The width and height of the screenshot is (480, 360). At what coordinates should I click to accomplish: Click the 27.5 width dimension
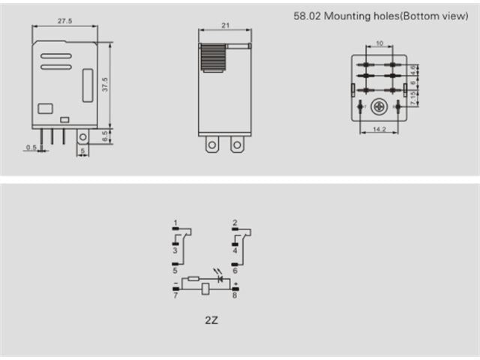(64, 22)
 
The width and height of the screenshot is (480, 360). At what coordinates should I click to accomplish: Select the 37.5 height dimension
(106, 85)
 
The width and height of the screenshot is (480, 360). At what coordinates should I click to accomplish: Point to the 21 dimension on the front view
(224, 25)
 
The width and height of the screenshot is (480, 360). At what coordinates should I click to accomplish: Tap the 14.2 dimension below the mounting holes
(379, 129)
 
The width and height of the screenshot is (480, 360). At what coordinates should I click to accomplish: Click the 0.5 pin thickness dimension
(31, 148)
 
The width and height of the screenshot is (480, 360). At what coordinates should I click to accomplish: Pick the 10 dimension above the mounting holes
(379, 43)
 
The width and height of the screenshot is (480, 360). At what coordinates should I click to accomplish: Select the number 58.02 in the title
(305, 15)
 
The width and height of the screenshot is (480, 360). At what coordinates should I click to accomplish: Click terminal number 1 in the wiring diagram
(175, 223)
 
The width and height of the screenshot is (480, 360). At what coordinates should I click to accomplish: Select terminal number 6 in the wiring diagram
(235, 271)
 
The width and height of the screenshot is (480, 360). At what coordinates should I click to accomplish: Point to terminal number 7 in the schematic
(175, 296)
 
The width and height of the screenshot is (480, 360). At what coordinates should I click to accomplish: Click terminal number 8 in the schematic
(235, 296)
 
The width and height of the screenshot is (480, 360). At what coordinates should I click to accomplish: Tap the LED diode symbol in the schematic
(220, 278)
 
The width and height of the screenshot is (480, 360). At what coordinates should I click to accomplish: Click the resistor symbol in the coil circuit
(193, 278)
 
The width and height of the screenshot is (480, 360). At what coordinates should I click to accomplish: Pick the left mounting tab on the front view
(212, 144)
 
